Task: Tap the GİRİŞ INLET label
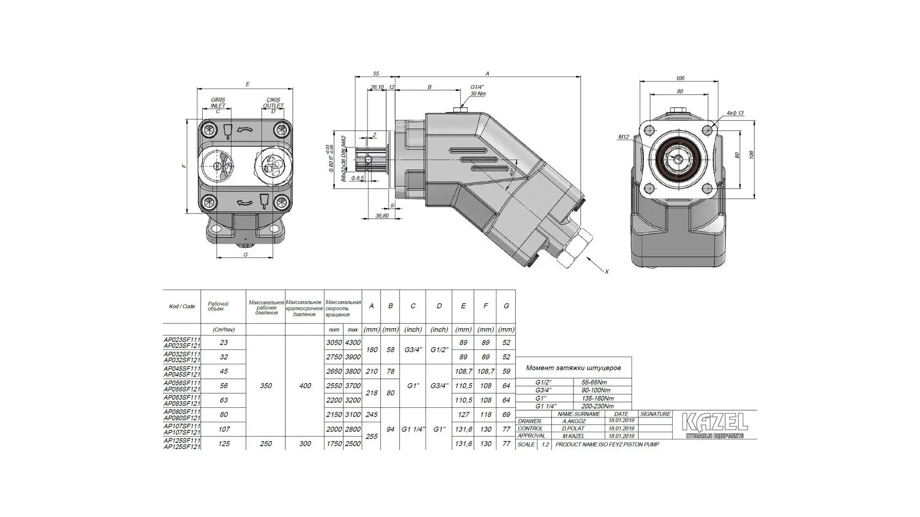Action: pyautogui.click(x=218, y=102)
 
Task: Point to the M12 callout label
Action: pyautogui.click(x=623, y=137)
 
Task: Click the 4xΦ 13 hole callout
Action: pyautogui.click(x=735, y=113)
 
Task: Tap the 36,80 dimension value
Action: pyautogui.click(x=381, y=216)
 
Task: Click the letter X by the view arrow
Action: pyautogui.click(x=606, y=271)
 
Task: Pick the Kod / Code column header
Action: pyautogui.click(x=182, y=306)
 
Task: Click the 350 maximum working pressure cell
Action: pyautogui.click(x=265, y=386)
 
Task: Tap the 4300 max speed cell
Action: pyautogui.click(x=353, y=343)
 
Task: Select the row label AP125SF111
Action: pyautogui.click(x=182, y=440)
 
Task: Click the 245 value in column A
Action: pyautogui.click(x=371, y=415)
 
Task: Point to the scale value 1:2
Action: pyautogui.click(x=545, y=444)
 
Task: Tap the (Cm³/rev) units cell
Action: pyautogui.click(x=223, y=329)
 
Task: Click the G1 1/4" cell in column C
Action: pyautogui.click(x=413, y=429)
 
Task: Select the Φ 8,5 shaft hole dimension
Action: pyautogui.click(x=357, y=178)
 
